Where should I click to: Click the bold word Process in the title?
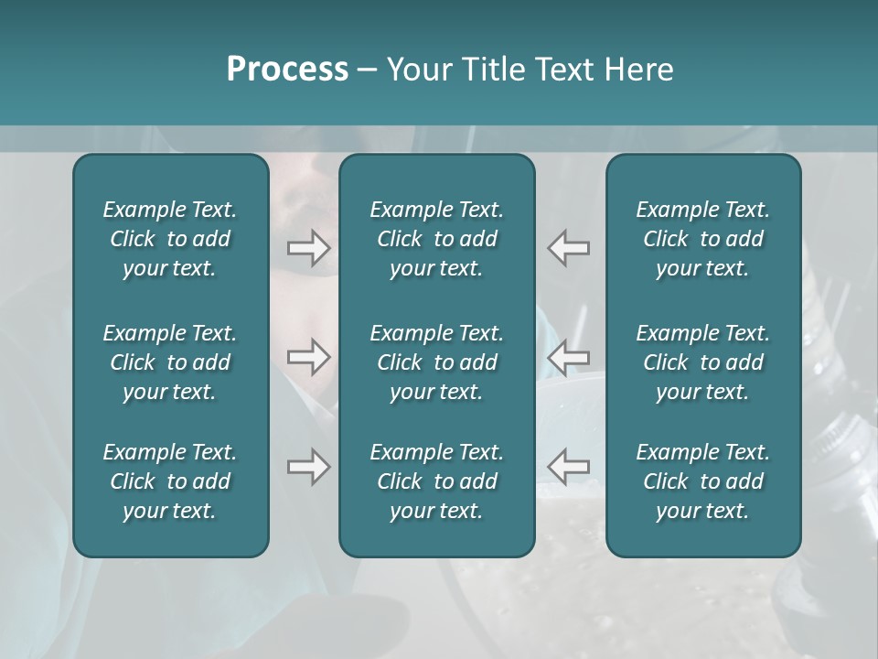point(287,70)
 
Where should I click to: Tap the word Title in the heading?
point(494,70)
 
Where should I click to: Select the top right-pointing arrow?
point(308,247)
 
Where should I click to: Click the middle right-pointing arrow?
point(308,358)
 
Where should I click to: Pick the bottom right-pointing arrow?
point(308,467)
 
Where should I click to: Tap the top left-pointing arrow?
point(569,247)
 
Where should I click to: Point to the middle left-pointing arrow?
point(569,358)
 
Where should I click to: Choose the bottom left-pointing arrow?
point(569,467)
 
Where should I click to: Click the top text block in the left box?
point(170,239)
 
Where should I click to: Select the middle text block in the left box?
point(170,362)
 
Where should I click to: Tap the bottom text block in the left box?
point(170,481)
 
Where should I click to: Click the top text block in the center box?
point(437,239)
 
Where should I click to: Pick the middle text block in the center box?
point(437,362)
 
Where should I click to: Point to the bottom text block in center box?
point(437,481)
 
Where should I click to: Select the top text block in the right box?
point(703,239)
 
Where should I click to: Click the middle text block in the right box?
point(703,362)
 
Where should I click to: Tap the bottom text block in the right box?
point(703,481)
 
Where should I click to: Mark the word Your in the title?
point(418,70)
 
